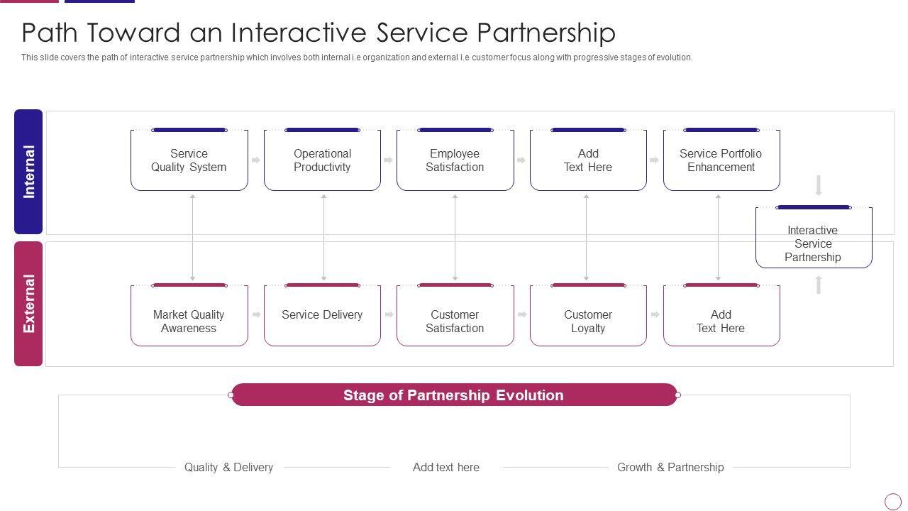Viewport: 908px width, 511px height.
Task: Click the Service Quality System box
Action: (189, 160)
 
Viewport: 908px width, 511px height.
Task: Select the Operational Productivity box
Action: (322, 160)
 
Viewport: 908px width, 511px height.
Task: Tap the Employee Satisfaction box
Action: (455, 160)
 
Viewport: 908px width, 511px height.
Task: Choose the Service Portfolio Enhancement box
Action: (721, 160)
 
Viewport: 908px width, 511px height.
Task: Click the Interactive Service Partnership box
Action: (814, 237)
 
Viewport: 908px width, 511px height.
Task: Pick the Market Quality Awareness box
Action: (189, 315)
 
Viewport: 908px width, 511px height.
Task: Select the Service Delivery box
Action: (322, 315)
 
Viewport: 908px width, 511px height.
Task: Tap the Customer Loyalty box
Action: (588, 315)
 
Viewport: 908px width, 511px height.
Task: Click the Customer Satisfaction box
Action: (455, 315)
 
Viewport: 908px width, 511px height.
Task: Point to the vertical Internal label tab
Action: (28, 172)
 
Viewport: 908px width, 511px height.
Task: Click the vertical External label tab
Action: (28, 304)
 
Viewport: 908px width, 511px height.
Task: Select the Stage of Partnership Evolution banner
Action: (453, 395)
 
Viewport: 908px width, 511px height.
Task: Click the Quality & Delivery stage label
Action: (228, 467)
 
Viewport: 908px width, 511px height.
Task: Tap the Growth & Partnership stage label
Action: (670, 467)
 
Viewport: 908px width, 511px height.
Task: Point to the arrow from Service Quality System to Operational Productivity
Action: (256, 160)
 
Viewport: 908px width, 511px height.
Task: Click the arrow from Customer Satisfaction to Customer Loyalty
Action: (522, 314)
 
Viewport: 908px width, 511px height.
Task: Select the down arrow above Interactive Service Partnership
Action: (819, 185)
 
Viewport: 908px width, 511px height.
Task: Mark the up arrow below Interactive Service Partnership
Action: (819, 285)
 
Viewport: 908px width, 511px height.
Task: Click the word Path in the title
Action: (50, 33)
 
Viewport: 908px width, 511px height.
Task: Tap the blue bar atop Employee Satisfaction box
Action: (455, 130)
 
